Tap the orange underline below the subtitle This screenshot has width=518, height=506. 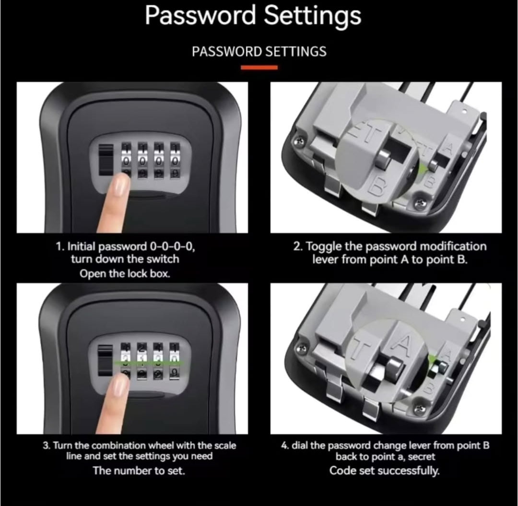pos(259,67)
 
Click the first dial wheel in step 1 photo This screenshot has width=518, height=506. pos(127,161)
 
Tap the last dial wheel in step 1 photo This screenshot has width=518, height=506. pos(175,161)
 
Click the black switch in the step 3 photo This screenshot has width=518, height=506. pos(105,360)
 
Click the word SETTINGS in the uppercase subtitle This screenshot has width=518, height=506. pos(296,51)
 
